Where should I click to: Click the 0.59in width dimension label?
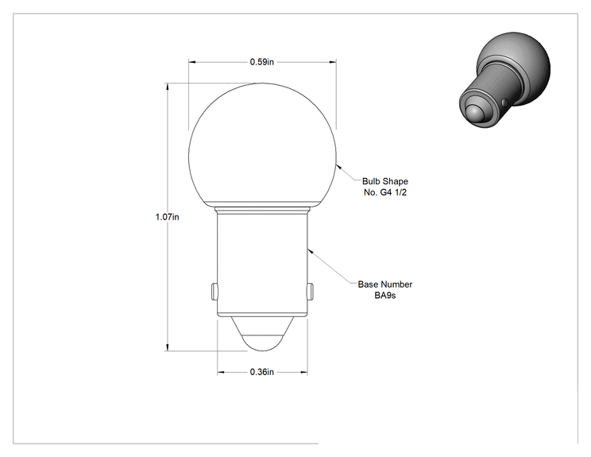(x=262, y=62)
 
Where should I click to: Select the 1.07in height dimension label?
(x=168, y=217)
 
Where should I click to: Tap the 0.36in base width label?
(x=262, y=372)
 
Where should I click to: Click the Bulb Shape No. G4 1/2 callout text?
(x=385, y=187)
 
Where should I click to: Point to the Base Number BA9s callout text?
(x=385, y=289)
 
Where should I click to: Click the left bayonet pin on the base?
(x=214, y=291)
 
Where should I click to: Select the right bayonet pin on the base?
(x=310, y=291)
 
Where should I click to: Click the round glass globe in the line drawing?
(x=262, y=145)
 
